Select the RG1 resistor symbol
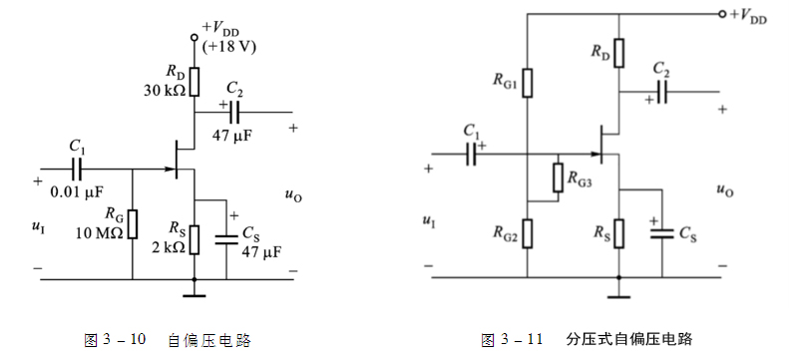[x=528, y=84]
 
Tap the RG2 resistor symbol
[x=528, y=232]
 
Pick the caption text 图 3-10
[x=117, y=340]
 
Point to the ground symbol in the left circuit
[x=195, y=294]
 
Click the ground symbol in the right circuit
[x=618, y=294]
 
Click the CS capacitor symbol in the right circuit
[x=660, y=233]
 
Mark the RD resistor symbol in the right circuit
[x=618, y=52]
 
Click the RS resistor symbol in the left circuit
[x=195, y=239]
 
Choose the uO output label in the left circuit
[x=293, y=196]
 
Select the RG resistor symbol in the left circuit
[x=133, y=223]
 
